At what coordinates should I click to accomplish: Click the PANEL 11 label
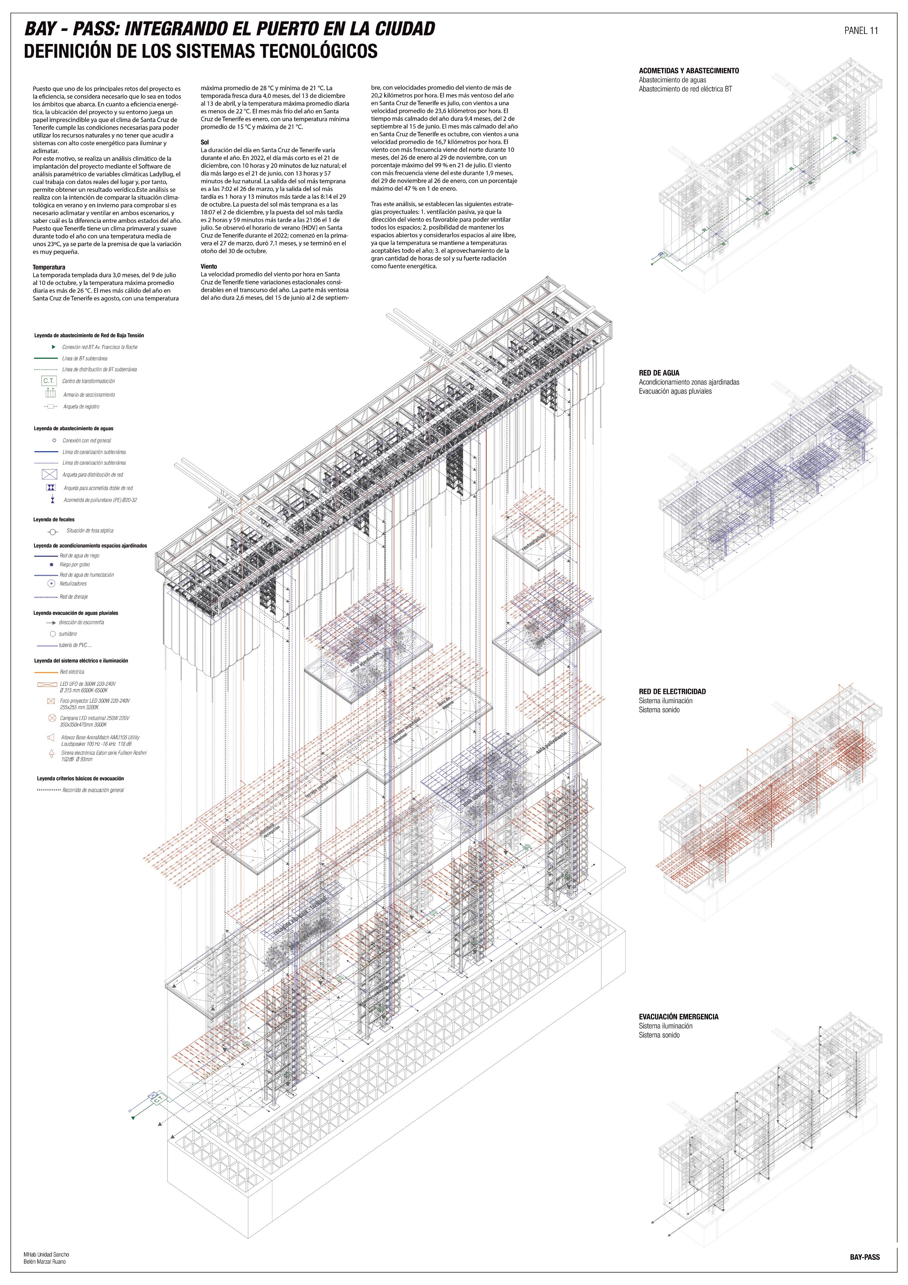tap(860, 31)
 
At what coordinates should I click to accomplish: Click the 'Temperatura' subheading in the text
tap(49, 268)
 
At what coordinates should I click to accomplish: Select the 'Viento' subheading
tap(209, 266)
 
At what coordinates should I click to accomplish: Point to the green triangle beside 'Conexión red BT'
tap(54, 347)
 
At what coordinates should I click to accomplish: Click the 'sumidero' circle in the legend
tap(53, 634)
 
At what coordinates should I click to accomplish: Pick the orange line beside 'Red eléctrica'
tap(46, 672)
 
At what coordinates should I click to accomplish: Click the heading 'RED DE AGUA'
tap(659, 373)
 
